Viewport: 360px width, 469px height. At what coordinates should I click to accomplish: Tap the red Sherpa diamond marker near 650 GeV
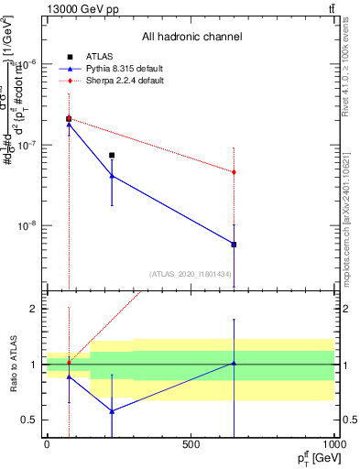click(x=235, y=172)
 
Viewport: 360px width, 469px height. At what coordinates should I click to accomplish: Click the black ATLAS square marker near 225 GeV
click(x=112, y=155)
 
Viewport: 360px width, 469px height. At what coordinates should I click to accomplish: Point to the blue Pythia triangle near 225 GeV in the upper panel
click(x=112, y=176)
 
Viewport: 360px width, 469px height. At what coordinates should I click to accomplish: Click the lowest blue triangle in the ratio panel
click(x=112, y=411)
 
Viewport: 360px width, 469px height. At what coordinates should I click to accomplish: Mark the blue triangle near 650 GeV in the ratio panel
click(x=235, y=363)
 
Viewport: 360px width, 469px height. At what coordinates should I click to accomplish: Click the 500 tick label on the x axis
click(x=191, y=444)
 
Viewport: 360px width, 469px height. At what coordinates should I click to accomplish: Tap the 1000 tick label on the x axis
click(x=334, y=444)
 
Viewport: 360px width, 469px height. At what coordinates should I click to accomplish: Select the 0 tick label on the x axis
click(x=47, y=444)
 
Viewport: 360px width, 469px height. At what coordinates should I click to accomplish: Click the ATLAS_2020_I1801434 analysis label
click(x=191, y=274)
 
